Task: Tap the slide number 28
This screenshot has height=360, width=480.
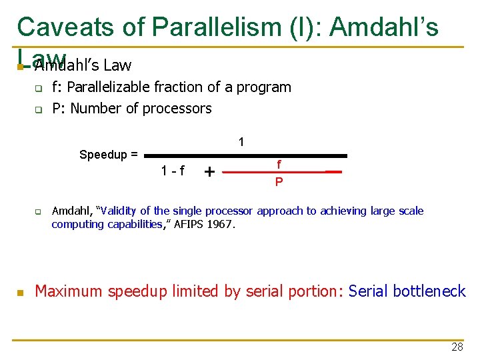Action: coord(457,347)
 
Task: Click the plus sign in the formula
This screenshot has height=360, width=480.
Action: coord(209,172)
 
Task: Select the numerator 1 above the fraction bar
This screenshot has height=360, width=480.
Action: coord(241,142)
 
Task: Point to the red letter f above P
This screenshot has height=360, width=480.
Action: coord(279,163)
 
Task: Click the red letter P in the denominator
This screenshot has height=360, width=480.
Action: coord(279,181)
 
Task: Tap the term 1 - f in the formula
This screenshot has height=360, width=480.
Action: coord(173,171)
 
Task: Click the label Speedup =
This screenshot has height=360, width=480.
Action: coord(109,155)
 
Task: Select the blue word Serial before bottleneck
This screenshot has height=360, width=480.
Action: coord(369,291)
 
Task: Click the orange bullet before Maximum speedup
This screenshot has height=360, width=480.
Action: coord(21,292)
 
